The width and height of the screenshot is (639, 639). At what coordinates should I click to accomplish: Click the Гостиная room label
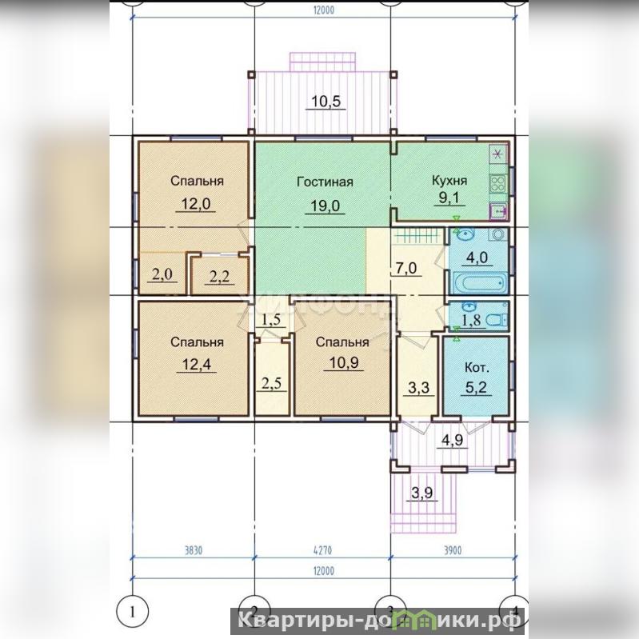[x=325, y=182]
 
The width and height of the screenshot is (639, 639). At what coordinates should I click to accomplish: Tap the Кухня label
[x=449, y=181]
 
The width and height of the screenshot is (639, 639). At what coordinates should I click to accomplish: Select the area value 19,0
[x=325, y=206]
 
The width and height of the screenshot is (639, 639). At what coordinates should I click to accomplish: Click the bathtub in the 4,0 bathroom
[x=480, y=283]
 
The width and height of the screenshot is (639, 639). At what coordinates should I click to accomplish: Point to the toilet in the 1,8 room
[x=497, y=321]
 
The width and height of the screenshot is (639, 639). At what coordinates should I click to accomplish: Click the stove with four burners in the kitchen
[x=498, y=183]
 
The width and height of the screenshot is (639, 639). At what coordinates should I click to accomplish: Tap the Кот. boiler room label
[x=477, y=368]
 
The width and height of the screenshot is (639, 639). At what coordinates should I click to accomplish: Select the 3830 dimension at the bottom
[x=194, y=550]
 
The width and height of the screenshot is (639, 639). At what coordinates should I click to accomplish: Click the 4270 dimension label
[x=323, y=550]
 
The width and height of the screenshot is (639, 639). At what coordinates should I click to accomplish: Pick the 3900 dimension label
[x=453, y=550]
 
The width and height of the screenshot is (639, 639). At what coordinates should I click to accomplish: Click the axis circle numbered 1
[x=132, y=612]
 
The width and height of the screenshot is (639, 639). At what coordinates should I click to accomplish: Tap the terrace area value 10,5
[x=325, y=101]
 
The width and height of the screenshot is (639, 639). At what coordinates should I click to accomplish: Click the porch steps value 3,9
[x=421, y=493]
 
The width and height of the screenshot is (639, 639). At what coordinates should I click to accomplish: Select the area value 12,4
[x=197, y=364]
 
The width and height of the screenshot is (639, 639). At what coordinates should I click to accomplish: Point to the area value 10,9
[x=344, y=362]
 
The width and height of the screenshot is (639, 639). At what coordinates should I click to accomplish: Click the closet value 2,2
[x=220, y=277]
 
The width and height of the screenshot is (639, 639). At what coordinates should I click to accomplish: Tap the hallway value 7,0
[x=406, y=268]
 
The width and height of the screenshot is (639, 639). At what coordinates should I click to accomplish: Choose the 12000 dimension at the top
[x=324, y=10]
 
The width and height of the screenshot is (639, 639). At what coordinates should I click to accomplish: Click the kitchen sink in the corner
[x=498, y=211]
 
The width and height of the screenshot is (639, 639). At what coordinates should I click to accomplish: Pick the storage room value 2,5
[x=271, y=384]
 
